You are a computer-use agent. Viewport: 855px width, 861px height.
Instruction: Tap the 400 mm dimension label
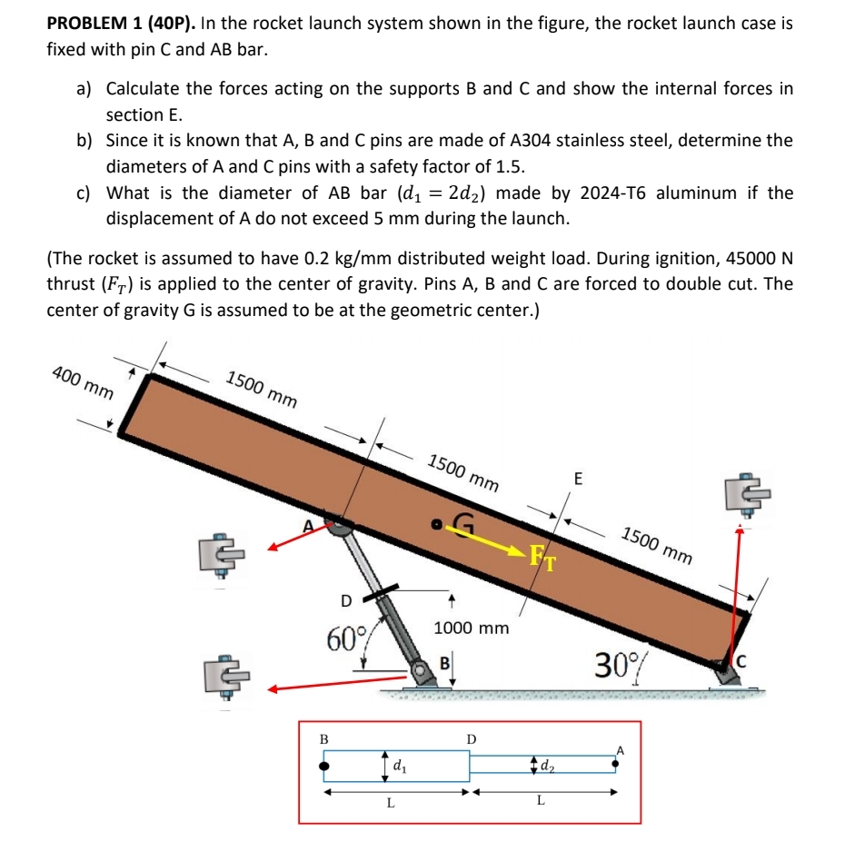coord(83,382)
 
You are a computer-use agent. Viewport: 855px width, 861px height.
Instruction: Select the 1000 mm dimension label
coord(472,628)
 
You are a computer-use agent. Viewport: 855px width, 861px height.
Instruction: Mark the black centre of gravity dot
coord(437,523)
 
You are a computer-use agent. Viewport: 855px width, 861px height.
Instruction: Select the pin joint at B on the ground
coord(421,673)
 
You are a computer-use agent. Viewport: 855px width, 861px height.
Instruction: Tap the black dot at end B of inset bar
coord(323,767)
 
